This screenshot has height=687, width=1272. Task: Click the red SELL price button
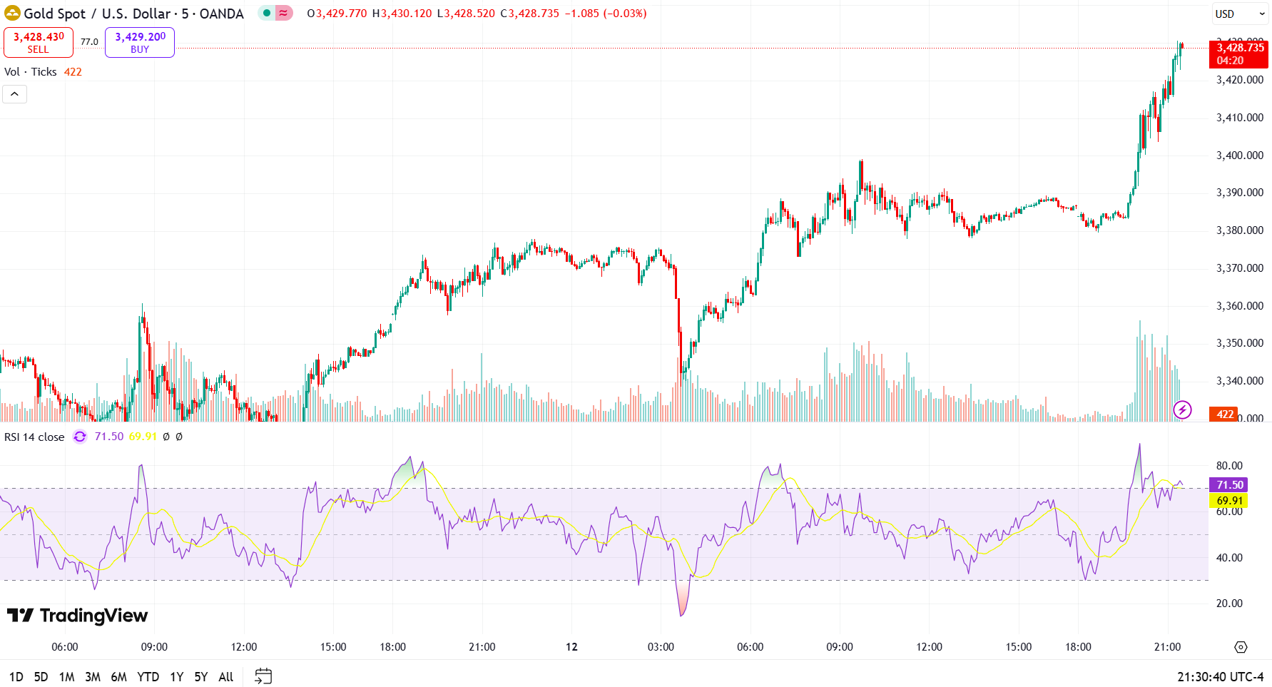[39, 42]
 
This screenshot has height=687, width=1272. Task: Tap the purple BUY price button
[140, 42]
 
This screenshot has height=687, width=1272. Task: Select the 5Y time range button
[201, 676]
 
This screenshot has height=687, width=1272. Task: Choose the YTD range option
[148, 676]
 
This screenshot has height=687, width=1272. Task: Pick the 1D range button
[16, 676]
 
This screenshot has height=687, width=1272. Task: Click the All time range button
[225, 676]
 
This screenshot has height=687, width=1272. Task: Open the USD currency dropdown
[1240, 14]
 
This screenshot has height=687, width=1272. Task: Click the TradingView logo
[77, 615]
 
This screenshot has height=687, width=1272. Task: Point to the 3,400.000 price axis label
[1239, 155]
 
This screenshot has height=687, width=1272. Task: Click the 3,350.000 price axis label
[1239, 343]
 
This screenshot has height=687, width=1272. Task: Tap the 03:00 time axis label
[661, 647]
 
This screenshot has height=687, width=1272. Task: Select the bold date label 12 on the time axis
[571, 647]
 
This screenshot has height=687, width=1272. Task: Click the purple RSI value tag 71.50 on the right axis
[1228, 485]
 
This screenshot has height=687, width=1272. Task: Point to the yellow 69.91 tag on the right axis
[1228, 501]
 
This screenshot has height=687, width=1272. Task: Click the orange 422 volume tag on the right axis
[1224, 414]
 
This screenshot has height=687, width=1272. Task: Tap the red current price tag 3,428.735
[1239, 54]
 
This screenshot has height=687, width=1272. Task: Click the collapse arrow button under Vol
[14, 94]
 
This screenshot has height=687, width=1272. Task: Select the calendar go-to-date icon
[263, 676]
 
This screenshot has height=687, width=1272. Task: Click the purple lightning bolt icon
[1182, 409]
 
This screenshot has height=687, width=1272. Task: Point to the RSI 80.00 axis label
[1228, 466]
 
